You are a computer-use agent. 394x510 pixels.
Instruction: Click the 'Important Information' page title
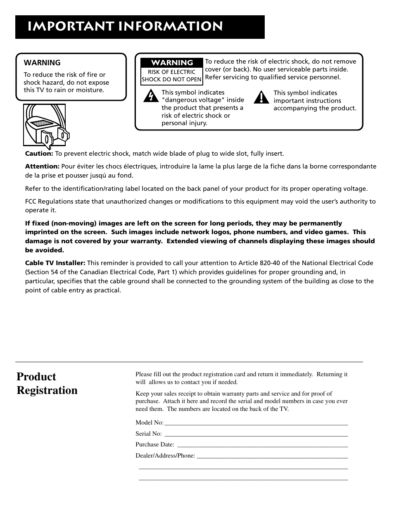coord(126,26)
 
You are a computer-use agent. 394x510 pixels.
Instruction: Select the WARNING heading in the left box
coord(42,63)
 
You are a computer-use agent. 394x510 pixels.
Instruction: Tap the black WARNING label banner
coord(172,63)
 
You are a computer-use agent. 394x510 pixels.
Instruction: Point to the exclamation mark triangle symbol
coord(261,97)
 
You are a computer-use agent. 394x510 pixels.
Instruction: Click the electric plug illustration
coord(45,125)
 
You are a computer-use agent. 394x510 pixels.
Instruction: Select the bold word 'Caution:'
coord(39,154)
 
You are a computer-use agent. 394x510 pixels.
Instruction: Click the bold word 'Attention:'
coord(43,166)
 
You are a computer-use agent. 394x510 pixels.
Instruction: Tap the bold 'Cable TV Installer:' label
coord(55,263)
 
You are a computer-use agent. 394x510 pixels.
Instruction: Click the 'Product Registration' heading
coord(47,384)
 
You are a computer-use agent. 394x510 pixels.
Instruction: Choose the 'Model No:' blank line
coord(256,423)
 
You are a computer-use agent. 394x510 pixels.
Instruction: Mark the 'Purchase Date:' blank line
coord(262,445)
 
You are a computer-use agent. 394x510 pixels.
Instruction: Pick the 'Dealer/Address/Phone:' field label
coord(165,456)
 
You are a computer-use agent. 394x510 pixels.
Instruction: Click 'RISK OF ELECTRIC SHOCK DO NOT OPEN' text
coord(171,76)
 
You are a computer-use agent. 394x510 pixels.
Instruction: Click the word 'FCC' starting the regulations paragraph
coord(31,202)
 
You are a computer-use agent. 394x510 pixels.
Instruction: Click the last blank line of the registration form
coord(243,479)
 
